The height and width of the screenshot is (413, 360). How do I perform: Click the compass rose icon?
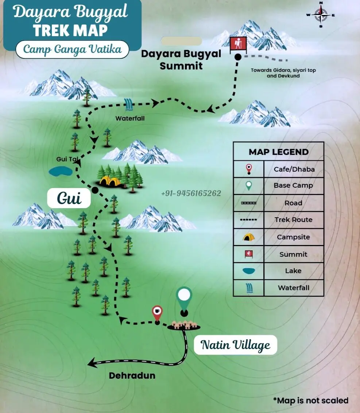(321, 15)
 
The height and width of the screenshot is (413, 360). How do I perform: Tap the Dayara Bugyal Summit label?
(181, 60)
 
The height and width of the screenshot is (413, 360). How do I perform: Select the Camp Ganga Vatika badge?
(72, 49)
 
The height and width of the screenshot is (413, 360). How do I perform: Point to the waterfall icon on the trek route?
(129, 105)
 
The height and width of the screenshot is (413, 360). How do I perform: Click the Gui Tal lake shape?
(61, 171)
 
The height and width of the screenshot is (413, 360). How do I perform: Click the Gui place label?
(69, 198)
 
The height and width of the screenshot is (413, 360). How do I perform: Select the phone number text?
(191, 193)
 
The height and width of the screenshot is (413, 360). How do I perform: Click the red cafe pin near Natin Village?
(157, 313)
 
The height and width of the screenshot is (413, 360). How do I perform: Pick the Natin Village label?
(235, 345)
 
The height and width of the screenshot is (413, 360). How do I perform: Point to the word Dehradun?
(132, 375)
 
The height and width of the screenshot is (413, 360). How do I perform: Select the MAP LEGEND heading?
(278, 152)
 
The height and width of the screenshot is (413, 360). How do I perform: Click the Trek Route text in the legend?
(293, 220)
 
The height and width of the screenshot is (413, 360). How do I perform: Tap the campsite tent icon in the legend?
(249, 237)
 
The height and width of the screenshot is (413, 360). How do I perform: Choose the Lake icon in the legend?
(249, 271)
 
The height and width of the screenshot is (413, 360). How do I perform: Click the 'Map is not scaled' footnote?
(310, 400)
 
